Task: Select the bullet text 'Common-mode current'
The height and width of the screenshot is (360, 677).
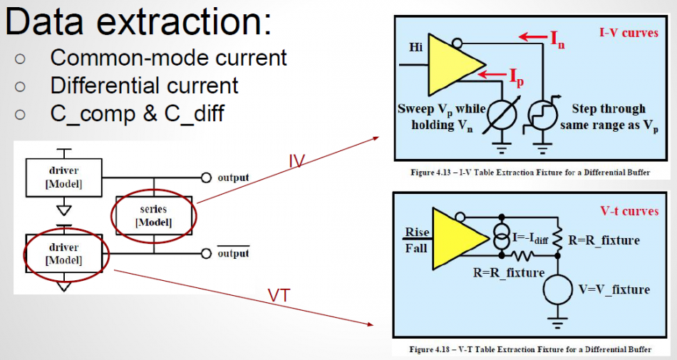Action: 168,58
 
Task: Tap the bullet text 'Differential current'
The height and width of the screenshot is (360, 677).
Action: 144,86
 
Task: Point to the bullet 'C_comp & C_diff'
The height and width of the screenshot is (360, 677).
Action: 137,113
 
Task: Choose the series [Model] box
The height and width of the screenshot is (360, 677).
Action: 153,215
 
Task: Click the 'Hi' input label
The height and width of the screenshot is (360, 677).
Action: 415,47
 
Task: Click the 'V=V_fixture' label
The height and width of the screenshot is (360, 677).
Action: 614,289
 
